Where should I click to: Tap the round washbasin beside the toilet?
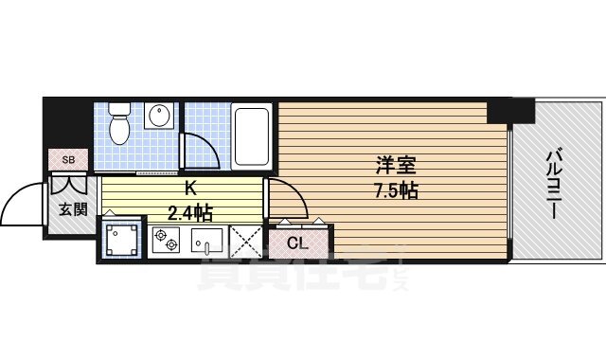(160, 117)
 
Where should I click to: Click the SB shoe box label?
(68, 159)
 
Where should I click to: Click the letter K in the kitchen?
(189, 187)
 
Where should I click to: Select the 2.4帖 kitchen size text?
(190, 210)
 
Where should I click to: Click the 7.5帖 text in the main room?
(396, 189)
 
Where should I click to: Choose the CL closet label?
(296, 243)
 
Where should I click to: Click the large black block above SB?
(68, 121)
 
